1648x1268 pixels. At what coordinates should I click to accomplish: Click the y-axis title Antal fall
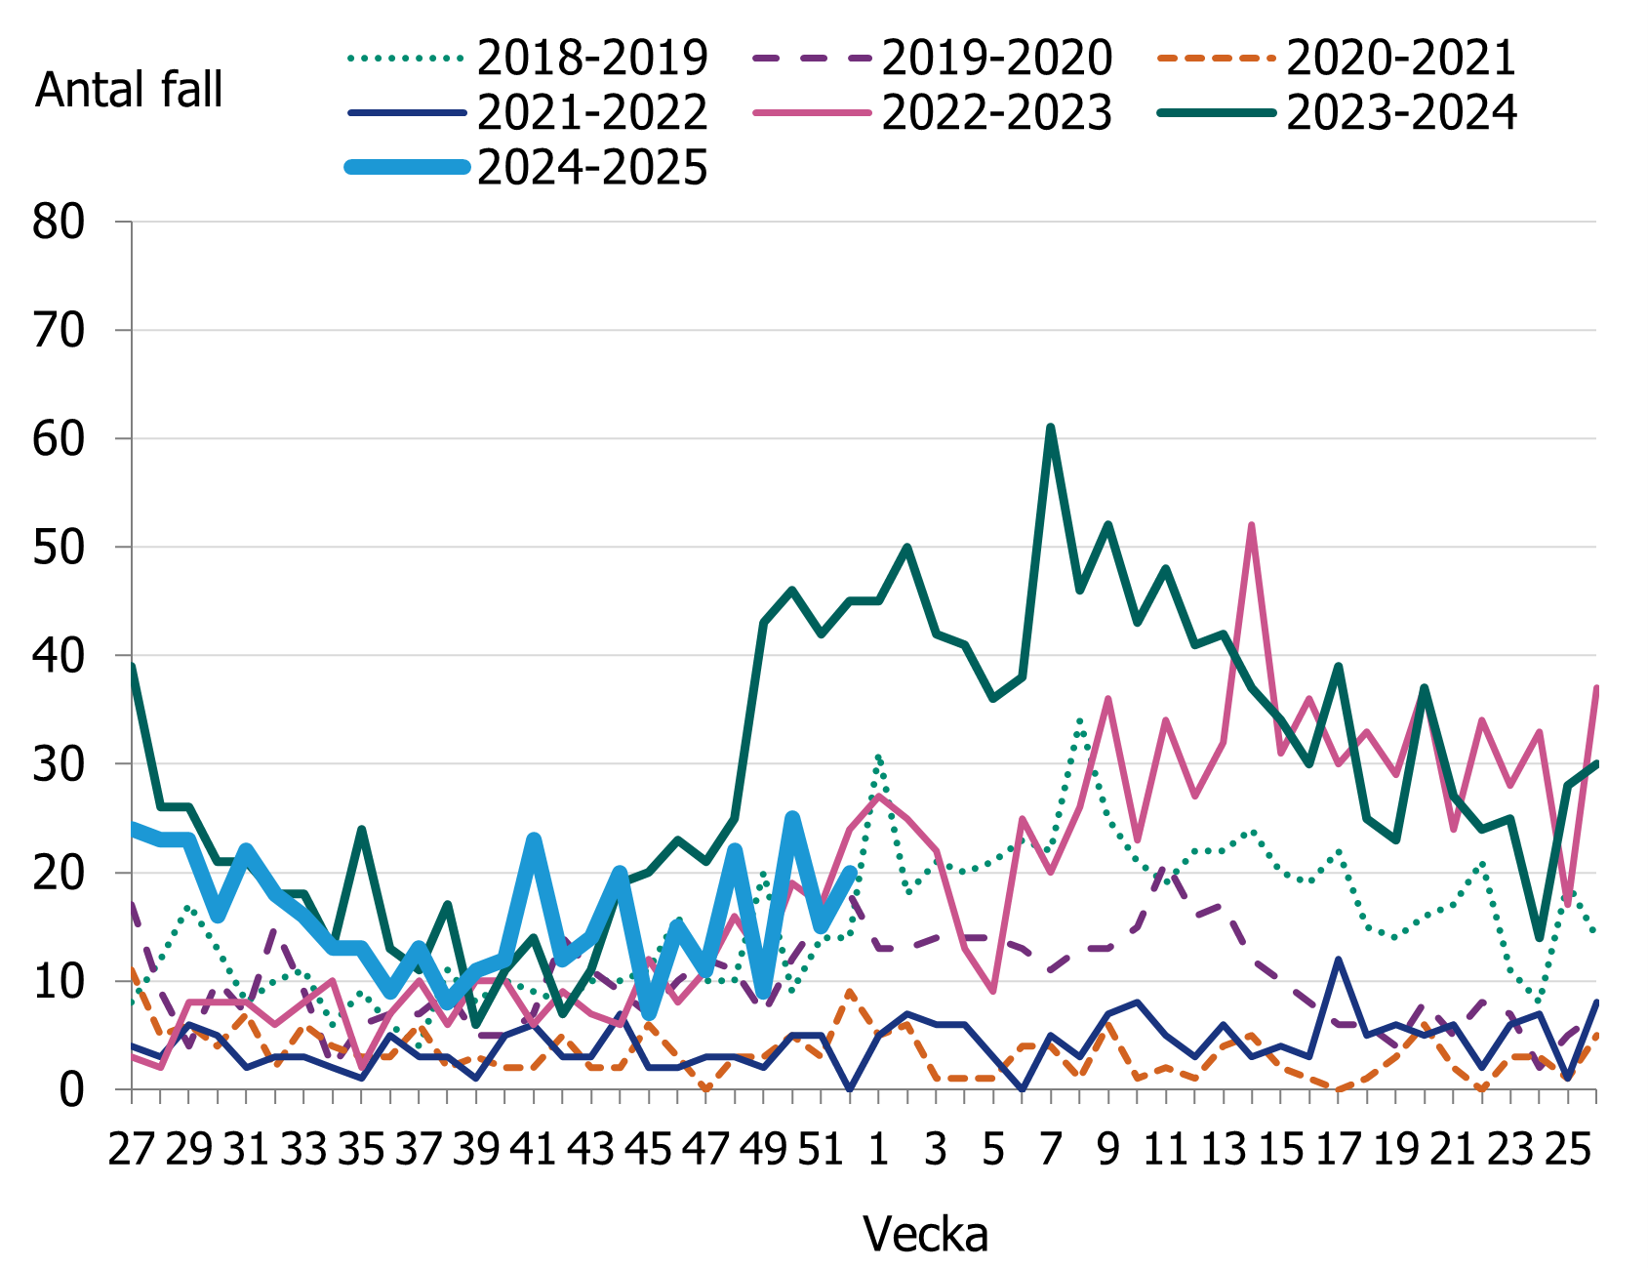pos(129,90)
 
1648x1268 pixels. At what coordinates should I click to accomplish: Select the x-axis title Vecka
pos(925,1235)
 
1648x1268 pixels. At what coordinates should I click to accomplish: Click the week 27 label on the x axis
pos(132,1150)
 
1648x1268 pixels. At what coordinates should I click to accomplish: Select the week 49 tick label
pos(764,1150)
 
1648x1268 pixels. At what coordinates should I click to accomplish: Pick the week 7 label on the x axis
pos(1051,1150)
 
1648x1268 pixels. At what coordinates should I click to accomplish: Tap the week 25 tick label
pos(1568,1150)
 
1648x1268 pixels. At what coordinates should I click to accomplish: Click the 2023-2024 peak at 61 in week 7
pos(1051,428)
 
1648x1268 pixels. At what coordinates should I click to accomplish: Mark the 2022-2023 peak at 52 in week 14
pos(1252,525)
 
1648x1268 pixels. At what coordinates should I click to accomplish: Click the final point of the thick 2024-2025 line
pos(850,872)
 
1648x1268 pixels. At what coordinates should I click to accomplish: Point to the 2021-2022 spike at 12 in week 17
pos(1339,959)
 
